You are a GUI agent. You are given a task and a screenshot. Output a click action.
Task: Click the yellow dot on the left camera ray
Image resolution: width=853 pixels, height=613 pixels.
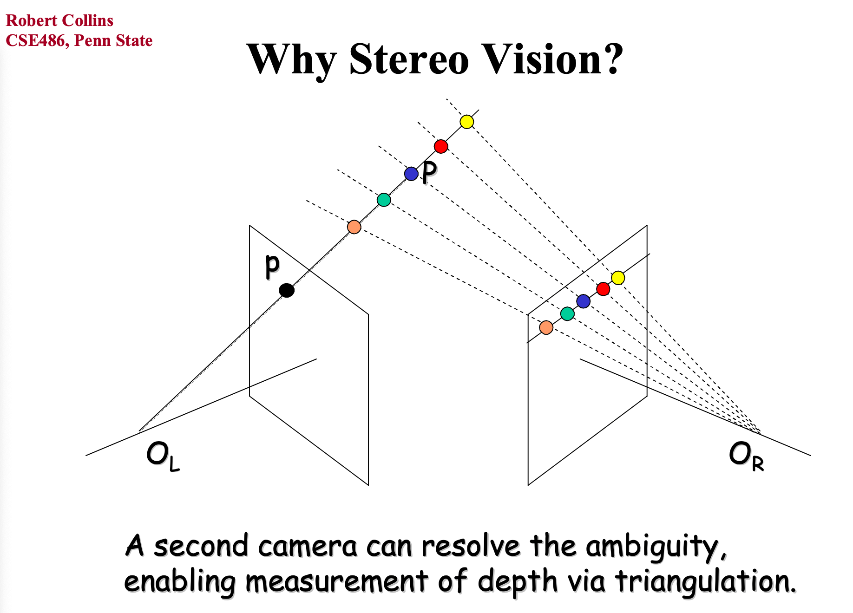click(x=466, y=122)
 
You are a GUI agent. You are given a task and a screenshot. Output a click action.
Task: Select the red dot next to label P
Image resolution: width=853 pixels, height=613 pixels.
click(x=441, y=146)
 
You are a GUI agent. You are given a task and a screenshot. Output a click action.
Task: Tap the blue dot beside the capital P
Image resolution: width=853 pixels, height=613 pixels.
click(x=411, y=174)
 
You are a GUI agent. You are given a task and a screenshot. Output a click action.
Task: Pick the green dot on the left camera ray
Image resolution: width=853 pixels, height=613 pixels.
click(x=384, y=200)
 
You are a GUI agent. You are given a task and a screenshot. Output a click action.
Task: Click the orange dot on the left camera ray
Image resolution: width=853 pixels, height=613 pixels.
click(x=354, y=227)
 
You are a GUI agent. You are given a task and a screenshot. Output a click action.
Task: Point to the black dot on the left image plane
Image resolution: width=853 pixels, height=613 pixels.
click(x=287, y=291)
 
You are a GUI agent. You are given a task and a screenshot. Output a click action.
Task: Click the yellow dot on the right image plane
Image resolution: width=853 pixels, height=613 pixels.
click(x=618, y=278)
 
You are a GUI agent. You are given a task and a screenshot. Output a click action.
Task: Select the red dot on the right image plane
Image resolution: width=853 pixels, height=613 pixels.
click(x=603, y=289)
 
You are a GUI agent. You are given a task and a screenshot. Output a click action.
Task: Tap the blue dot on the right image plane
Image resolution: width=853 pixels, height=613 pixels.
click(x=584, y=301)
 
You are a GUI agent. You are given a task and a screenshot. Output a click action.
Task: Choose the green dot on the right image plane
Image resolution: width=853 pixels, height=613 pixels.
click(x=567, y=313)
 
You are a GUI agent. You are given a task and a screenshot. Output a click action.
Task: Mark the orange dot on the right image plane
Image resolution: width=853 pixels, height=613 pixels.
click(x=546, y=327)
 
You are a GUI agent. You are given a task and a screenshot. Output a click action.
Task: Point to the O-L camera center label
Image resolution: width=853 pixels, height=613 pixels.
click(x=162, y=456)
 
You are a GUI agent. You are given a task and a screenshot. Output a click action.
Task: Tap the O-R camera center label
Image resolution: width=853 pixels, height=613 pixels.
click(x=746, y=456)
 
